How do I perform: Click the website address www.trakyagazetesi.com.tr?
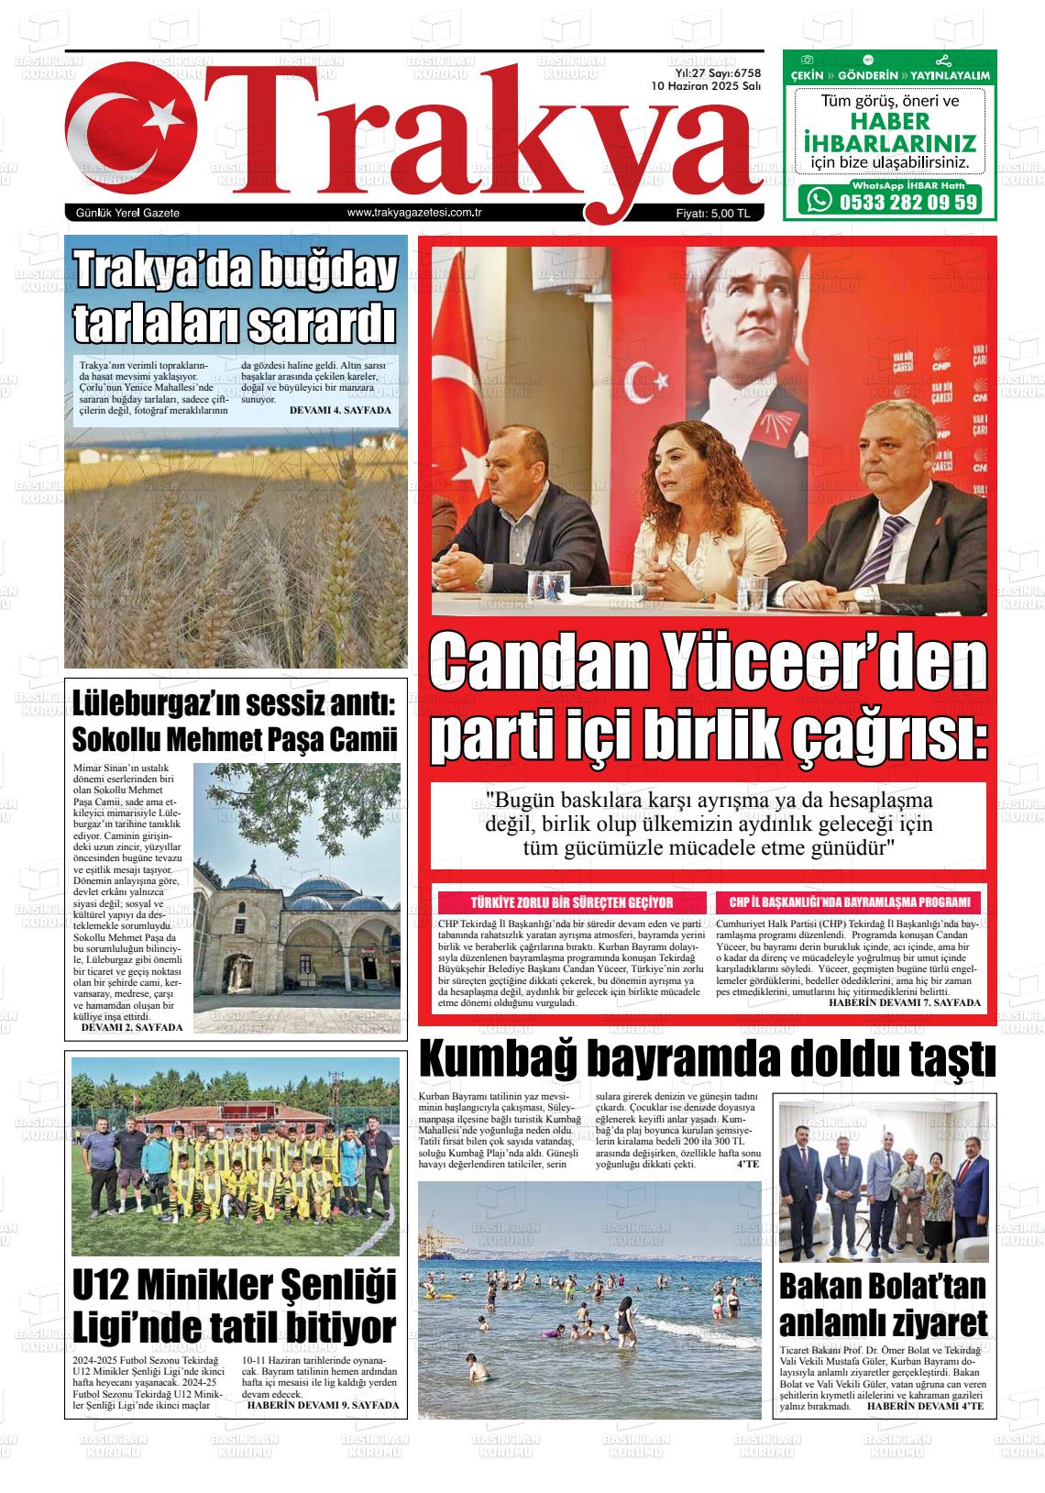(x=415, y=213)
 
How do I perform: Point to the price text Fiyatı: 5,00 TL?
(x=712, y=214)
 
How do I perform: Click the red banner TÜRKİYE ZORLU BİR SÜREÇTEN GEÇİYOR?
(x=572, y=902)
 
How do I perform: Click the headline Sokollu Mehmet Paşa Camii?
(x=235, y=738)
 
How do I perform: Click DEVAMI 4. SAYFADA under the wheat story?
(x=339, y=410)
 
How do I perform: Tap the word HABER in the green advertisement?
(x=887, y=122)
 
